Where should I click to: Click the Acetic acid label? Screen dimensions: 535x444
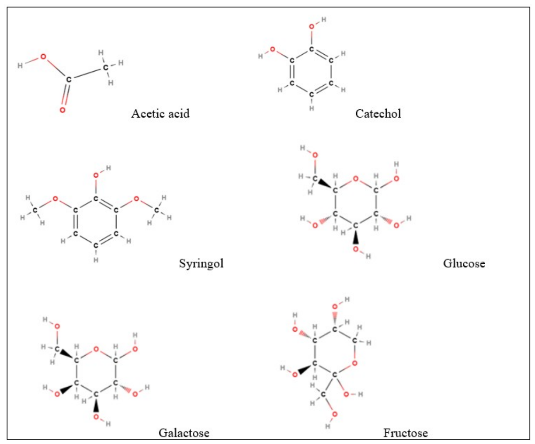pos(160,113)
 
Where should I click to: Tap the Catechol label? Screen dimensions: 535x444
pos(378,113)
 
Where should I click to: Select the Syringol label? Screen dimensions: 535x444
pos(201,263)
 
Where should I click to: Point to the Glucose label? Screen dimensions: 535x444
pos(464,263)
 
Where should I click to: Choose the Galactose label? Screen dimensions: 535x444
pos(184,433)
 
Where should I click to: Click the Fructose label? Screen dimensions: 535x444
pos(406,433)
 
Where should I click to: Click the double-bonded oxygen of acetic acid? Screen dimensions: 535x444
pos(63,110)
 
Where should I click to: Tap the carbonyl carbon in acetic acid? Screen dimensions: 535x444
pos(69,80)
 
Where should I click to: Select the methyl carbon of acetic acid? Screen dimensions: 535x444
pos(106,67)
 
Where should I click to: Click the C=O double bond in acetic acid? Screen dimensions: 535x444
pos(65,94)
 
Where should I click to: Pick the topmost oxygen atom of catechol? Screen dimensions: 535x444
pos(312,26)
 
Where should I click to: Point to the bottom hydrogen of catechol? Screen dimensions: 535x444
pos(312,108)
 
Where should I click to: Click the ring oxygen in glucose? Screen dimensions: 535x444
pos(355,178)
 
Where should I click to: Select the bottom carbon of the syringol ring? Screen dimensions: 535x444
pos(96,245)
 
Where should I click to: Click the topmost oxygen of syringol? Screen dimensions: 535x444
pos(96,175)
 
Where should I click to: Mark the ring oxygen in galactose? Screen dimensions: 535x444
pos(96,349)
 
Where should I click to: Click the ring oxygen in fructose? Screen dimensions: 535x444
pos(354,363)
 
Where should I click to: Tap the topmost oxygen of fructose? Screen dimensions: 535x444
pos(335,307)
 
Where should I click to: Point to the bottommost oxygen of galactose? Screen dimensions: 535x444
pos(96,416)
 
